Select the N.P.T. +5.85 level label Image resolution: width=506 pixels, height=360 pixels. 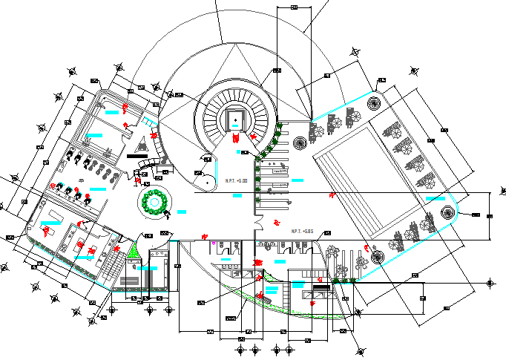pyautogui.click(x=302, y=232)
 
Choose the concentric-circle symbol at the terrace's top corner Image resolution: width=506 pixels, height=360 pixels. pyautogui.click(x=375, y=102)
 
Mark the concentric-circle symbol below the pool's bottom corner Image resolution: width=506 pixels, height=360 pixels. pyautogui.click(x=376, y=258)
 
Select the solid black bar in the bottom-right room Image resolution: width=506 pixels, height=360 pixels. pyautogui.click(x=321, y=287)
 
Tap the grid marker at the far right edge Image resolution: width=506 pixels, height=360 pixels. pyautogui.click(x=490, y=283)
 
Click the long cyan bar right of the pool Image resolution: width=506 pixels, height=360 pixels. pyautogui.click(x=436, y=198)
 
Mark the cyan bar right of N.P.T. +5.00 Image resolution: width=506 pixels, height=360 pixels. pyautogui.click(x=298, y=180)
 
